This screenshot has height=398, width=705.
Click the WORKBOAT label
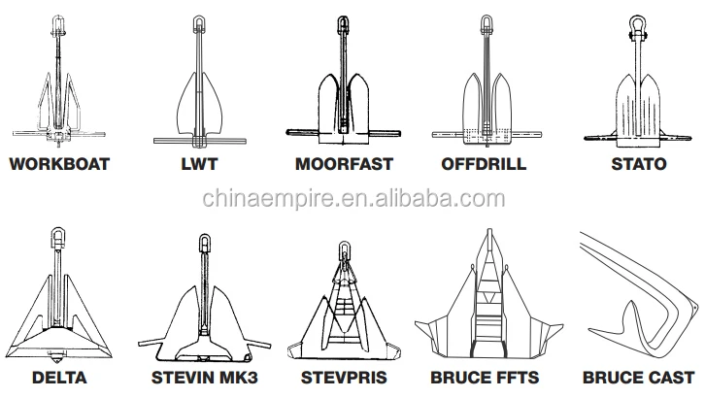pos(59,164)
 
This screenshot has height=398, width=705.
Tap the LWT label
pos(199,164)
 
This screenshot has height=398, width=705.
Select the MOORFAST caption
pos(344,164)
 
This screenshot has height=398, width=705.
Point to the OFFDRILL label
pos(484,164)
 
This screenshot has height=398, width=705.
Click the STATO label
pos(638,164)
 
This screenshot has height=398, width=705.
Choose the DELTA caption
pos(59,378)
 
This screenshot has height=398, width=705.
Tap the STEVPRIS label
pos(344,378)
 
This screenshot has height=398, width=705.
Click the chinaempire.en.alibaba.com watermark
pos(353,199)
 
